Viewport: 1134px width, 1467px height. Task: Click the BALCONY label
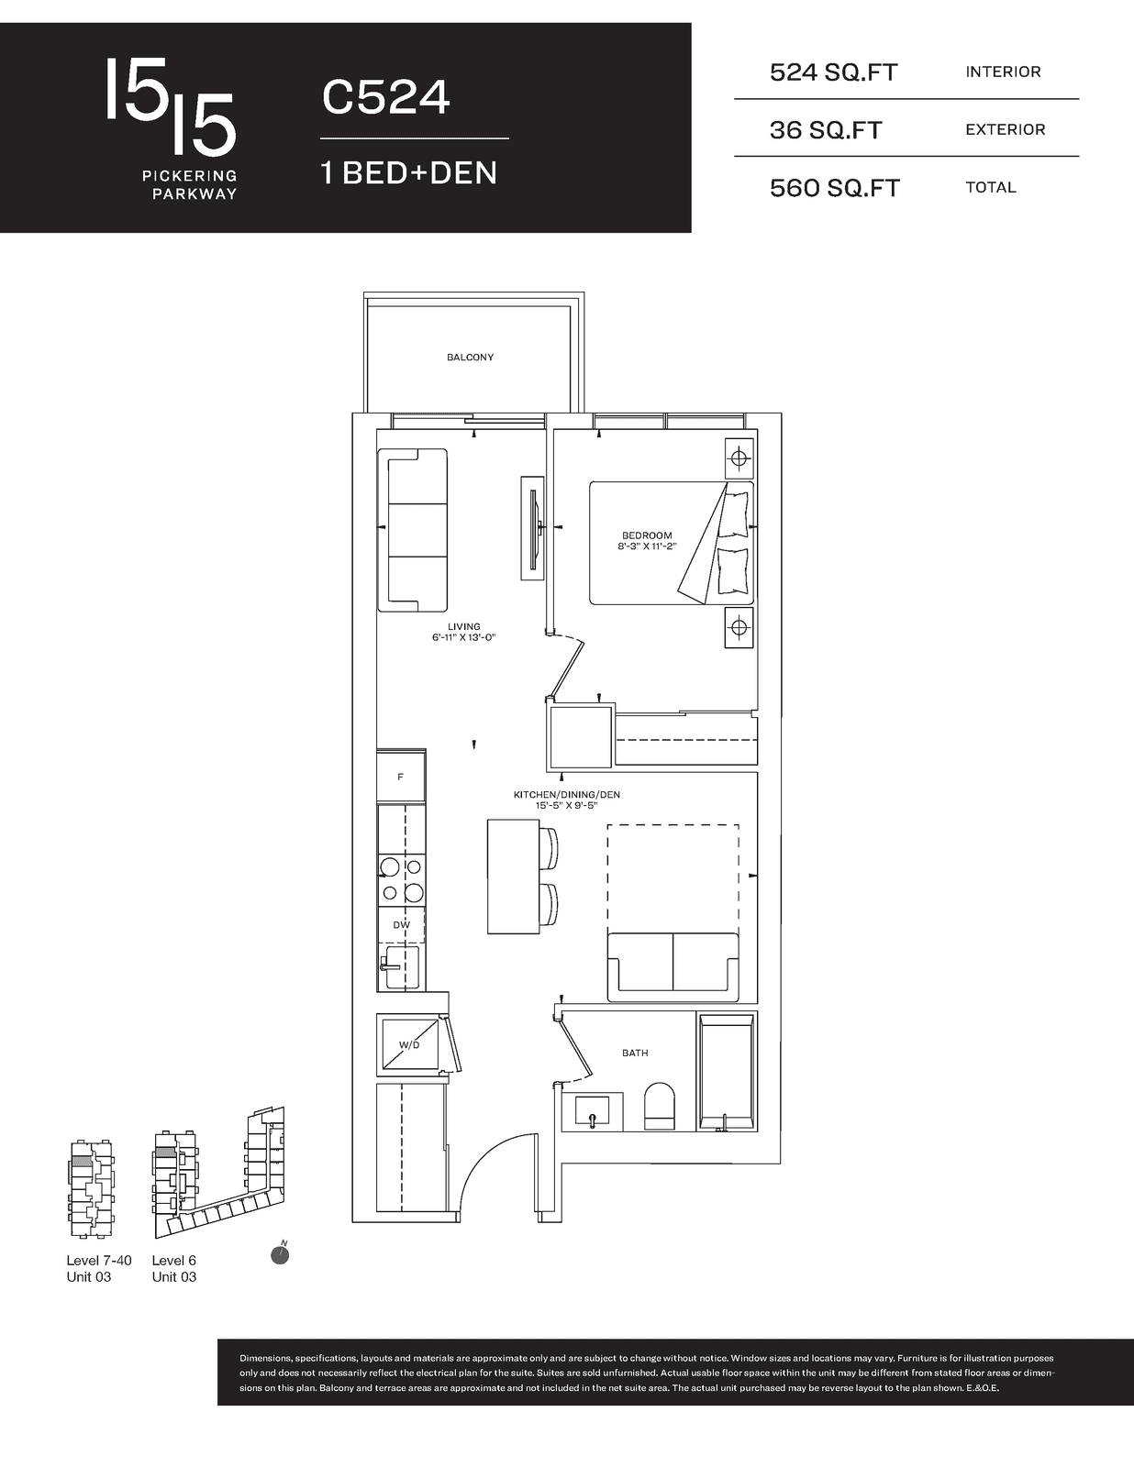[x=470, y=358]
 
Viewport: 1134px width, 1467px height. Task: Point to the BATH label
[x=635, y=1053]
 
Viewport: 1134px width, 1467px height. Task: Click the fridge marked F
[x=401, y=777]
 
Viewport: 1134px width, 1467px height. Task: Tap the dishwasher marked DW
[x=401, y=925]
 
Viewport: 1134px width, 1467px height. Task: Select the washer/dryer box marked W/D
[x=410, y=1044]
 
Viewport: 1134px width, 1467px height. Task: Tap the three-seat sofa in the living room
[x=412, y=530]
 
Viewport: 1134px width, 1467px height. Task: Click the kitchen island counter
[x=513, y=877]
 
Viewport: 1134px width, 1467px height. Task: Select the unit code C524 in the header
[x=385, y=97]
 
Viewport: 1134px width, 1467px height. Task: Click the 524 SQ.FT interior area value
[x=833, y=72]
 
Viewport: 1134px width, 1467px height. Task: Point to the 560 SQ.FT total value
[x=835, y=188]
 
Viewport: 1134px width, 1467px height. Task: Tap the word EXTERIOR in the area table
[x=1005, y=129]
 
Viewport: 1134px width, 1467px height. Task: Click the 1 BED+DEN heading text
[x=409, y=172]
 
